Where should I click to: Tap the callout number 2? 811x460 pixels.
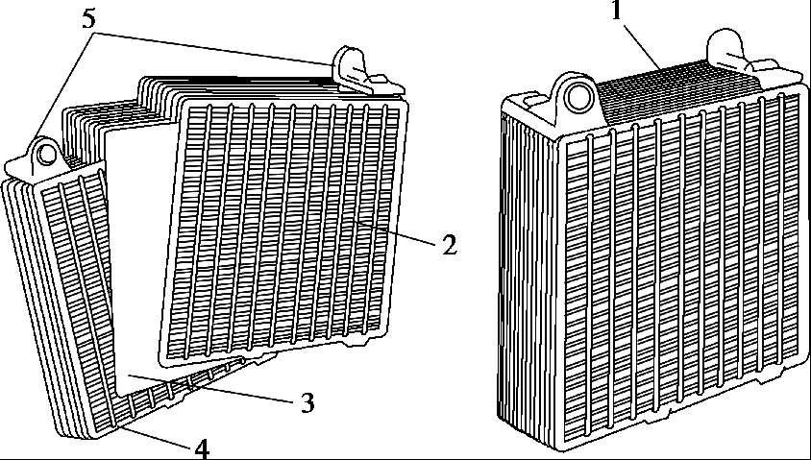448,245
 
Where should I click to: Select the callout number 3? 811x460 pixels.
307,402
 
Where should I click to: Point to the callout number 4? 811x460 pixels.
202,448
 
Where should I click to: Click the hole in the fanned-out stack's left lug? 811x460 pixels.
43,152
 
